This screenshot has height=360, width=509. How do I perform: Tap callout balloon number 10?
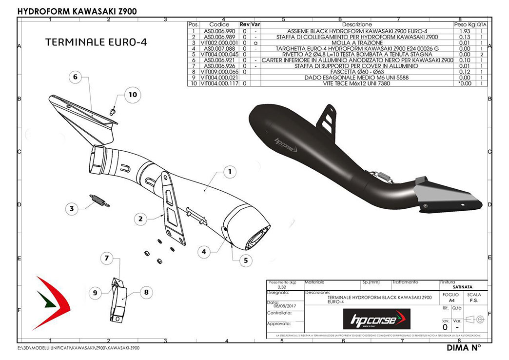point(133,95)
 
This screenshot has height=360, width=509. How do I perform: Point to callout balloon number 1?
point(230,172)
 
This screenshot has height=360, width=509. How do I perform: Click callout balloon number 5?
point(246,260)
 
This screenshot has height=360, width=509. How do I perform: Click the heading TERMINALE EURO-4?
point(96,42)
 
